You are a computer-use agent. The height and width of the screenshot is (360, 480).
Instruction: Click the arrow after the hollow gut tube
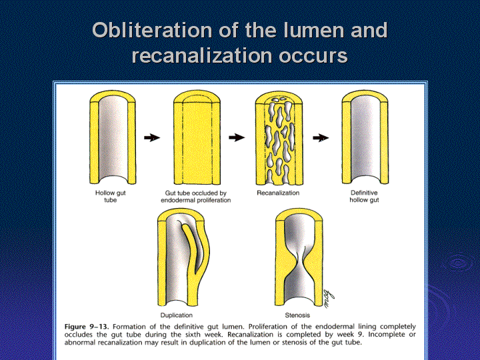(x=152, y=137)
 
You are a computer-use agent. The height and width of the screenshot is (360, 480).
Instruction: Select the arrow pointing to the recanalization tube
(x=237, y=137)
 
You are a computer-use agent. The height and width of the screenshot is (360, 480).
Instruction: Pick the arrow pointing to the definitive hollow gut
(x=321, y=138)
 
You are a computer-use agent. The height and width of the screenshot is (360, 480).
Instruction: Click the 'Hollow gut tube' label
(x=110, y=197)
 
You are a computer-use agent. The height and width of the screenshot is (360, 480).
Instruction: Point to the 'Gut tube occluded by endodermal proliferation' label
(x=195, y=197)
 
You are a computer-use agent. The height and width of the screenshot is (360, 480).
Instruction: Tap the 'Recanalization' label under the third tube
(x=278, y=193)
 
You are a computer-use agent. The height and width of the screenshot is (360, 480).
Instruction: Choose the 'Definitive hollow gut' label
(x=364, y=197)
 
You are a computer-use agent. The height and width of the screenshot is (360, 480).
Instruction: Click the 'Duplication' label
(x=176, y=315)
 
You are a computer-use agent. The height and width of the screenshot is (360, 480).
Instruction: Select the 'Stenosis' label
(x=297, y=315)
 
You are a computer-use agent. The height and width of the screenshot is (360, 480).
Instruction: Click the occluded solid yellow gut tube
(x=197, y=137)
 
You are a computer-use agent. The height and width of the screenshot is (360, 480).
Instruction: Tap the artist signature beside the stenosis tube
(x=328, y=299)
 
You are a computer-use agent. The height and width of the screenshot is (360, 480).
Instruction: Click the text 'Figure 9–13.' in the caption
(x=86, y=327)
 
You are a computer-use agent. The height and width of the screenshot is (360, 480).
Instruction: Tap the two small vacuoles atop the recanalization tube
(x=279, y=99)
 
